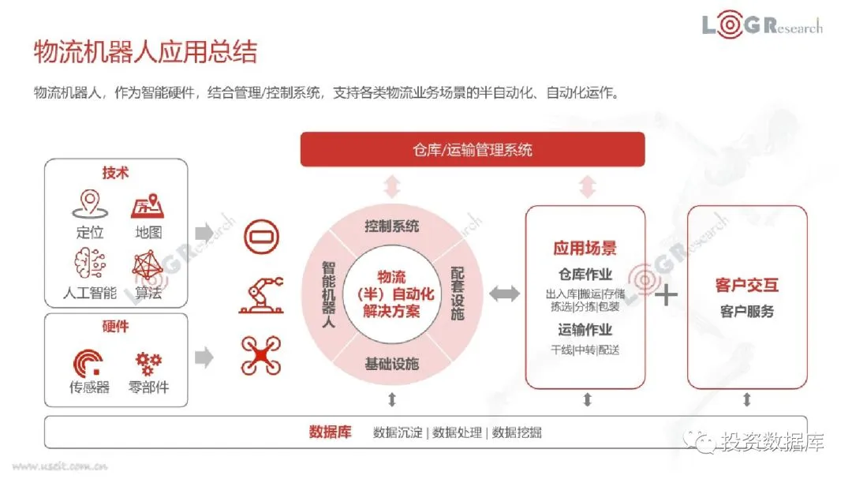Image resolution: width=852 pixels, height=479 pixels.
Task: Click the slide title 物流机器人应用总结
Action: tap(145, 52)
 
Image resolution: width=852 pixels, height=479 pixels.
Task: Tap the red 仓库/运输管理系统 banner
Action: tap(473, 149)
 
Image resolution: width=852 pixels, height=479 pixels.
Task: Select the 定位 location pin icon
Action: tap(90, 204)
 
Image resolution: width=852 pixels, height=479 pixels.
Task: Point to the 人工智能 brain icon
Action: tap(90, 266)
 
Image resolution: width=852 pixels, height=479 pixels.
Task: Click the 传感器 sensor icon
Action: tap(88, 361)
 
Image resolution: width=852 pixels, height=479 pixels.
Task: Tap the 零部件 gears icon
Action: tap(148, 361)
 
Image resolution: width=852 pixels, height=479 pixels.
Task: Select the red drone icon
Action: tap(261, 356)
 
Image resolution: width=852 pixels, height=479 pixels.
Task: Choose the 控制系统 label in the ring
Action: tap(391, 227)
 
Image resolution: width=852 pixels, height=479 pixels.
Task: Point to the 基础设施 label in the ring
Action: tap(391, 364)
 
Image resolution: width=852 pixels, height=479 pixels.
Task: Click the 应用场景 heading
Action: tap(585, 249)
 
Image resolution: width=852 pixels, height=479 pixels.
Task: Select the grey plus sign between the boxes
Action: tap(667, 295)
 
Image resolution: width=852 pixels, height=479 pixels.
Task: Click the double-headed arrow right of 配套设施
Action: tap(504, 294)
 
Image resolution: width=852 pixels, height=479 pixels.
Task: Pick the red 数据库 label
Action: tap(329, 432)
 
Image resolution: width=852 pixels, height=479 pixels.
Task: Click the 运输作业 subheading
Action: tap(585, 330)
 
